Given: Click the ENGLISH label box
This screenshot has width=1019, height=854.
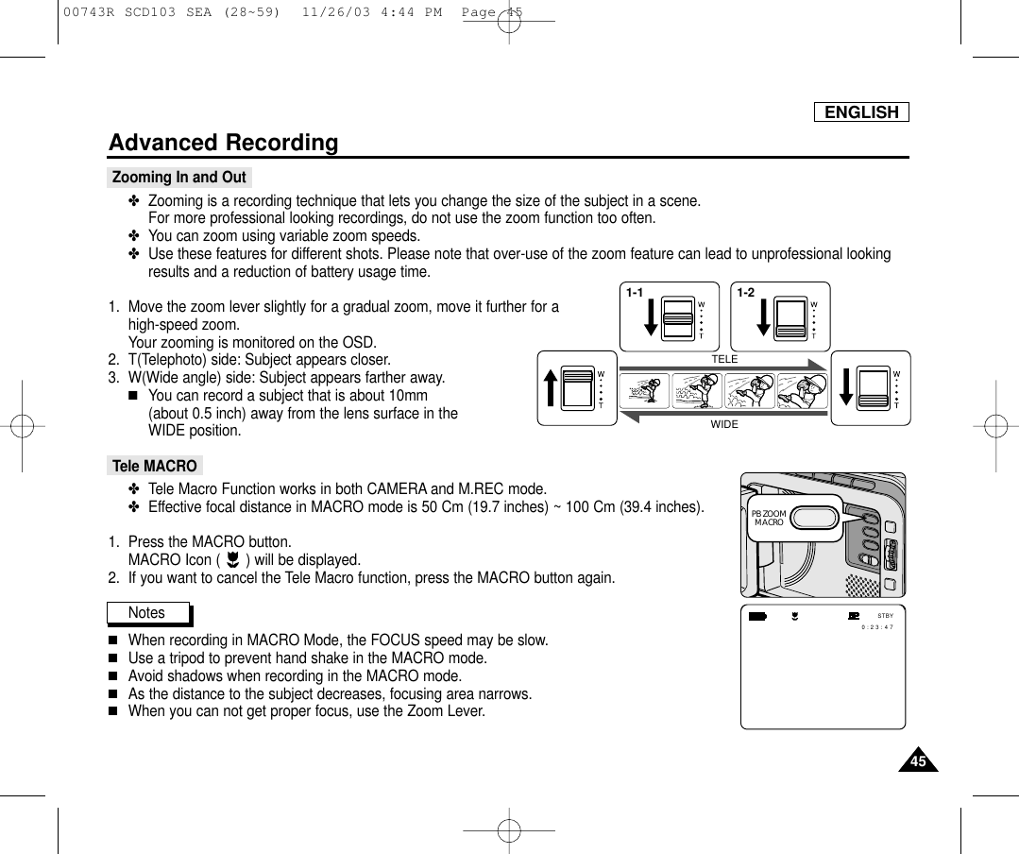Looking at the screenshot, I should (x=861, y=112).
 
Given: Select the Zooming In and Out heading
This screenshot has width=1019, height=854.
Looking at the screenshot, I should (x=178, y=178).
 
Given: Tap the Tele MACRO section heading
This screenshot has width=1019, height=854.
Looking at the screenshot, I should (x=155, y=466).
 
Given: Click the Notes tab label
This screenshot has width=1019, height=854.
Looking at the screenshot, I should (x=146, y=613).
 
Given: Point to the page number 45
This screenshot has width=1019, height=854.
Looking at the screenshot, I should (x=913, y=761).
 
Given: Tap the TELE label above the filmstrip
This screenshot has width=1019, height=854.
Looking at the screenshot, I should (x=724, y=360).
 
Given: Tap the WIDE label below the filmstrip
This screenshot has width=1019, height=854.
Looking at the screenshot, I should (x=724, y=425).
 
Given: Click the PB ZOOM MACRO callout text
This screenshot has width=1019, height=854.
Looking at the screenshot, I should (x=770, y=518).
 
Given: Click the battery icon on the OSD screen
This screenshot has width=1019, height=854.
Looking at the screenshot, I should (x=757, y=617).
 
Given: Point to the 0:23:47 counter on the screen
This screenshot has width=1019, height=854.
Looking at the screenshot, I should (x=877, y=626).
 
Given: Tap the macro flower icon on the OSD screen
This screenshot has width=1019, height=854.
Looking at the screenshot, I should (x=796, y=617).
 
